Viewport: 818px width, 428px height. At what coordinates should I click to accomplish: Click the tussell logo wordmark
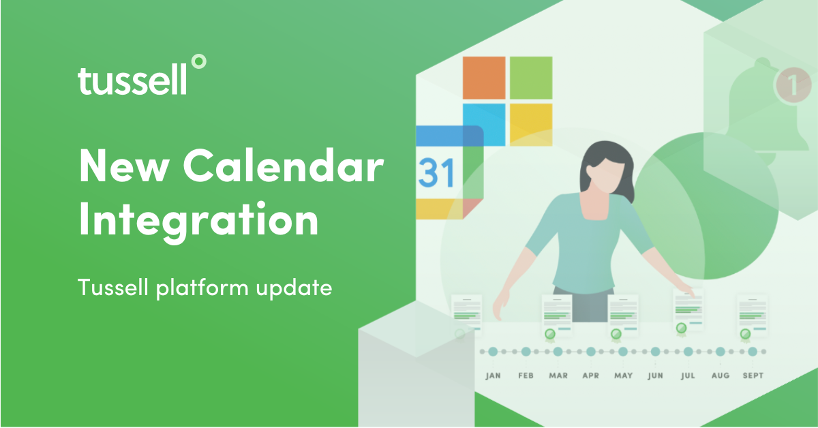pos(132,80)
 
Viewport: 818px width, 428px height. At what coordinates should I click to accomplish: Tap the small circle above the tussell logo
pos(198,62)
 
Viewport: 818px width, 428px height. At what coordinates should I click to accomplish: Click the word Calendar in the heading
pos(284,166)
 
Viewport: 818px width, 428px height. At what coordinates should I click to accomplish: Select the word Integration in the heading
pos(198,219)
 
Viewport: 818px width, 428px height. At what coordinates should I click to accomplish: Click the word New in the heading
pos(123,166)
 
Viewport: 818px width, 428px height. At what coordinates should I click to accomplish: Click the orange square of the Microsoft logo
pos(484,78)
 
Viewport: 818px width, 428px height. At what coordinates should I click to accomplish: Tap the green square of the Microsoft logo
pos(530,78)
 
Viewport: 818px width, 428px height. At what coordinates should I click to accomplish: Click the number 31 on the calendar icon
pos(436,174)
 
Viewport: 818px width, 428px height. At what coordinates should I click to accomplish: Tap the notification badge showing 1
pos(791,85)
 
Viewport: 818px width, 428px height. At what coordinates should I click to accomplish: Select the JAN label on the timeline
pos(493,376)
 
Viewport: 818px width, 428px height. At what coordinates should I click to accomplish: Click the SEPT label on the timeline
pos(753,376)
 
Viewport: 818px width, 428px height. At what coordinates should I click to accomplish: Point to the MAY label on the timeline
pos(622,376)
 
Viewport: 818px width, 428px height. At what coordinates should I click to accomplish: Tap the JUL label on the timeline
pos(687,376)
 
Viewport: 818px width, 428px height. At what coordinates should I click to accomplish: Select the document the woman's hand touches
pos(688,308)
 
